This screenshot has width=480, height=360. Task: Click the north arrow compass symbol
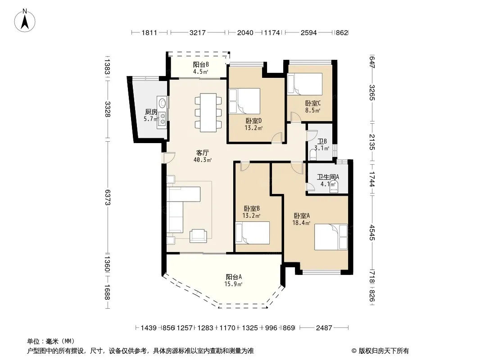[x=25, y=21]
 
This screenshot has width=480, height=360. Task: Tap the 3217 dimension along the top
[x=198, y=32]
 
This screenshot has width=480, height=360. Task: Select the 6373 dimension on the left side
[x=107, y=197]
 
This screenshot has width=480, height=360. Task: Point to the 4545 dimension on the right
[x=372, y=232]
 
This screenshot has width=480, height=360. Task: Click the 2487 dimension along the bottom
[x=324, y=328]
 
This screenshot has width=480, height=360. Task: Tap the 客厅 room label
[x=202, y=152]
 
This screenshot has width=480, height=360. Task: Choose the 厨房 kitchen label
[x=151, y=112]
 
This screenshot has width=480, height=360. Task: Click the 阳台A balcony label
[x=234, y=277]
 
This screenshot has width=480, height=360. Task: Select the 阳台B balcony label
[x=201, y=64]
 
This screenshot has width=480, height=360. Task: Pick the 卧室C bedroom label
[x=313, y=103]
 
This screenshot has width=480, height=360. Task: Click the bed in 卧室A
[x=331, y=237]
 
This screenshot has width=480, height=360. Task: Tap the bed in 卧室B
[x=252, y=233]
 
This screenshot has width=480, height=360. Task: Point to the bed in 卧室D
[x=245, y=101]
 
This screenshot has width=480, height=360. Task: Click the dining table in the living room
[x=208, y=112]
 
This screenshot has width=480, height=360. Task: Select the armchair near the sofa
[x=198, y=236]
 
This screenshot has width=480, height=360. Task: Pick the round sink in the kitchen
[x=162, y=102]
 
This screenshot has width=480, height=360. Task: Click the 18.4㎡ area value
[x=301, y=223]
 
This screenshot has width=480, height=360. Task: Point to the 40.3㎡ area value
[x=202, y=160]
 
